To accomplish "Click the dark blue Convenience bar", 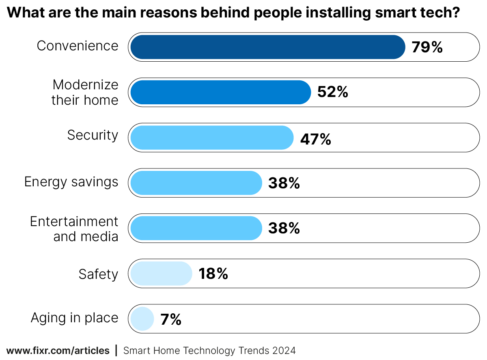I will (268, 47).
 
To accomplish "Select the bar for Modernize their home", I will (220, 93).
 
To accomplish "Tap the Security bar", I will (211, 138).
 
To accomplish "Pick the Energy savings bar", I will (196, 183).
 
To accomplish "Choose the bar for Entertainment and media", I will (196, 228).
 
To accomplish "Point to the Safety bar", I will (161, 274).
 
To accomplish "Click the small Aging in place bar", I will (142, 319).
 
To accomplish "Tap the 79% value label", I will (427, 47).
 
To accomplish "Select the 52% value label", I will (333, 93).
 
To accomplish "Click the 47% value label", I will (315, 140).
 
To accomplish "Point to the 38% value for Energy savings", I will (284, 183).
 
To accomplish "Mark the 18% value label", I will (213, 274).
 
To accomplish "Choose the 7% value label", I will (170, 320).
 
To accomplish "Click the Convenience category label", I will (78, 46).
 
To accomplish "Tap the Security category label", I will (93, 135).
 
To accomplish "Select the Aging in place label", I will (75, 318).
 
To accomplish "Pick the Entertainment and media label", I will (74, 229).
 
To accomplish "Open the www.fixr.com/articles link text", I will (58, 350).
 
